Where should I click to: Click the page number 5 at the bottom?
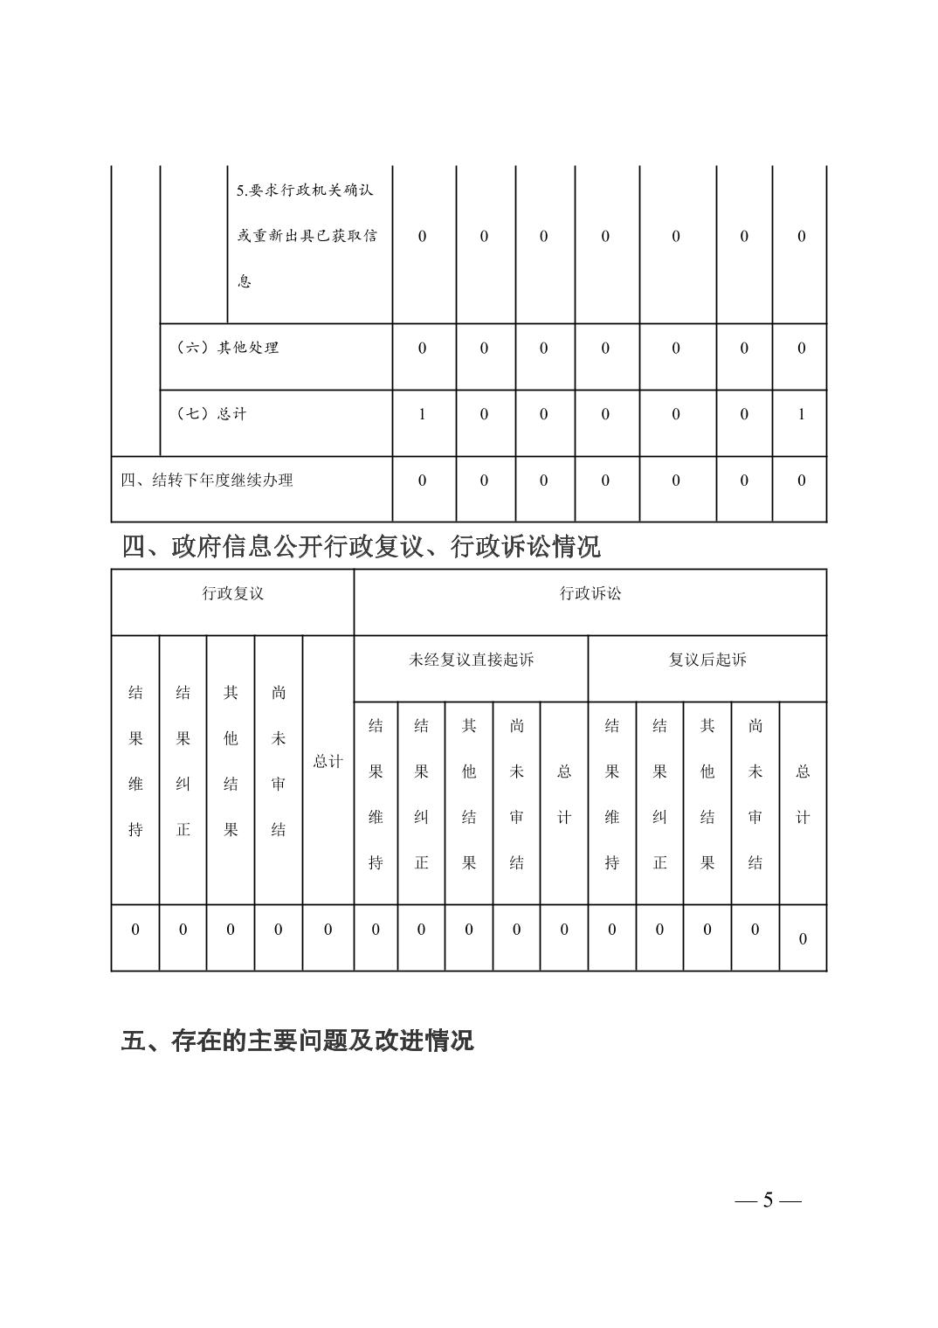768,1200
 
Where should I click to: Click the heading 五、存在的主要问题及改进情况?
297,1041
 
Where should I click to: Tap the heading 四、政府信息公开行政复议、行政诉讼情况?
361,547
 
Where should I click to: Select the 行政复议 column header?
232,594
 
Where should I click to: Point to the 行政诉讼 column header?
590,594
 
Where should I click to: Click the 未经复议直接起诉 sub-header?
471,660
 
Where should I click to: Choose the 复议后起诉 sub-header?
707,660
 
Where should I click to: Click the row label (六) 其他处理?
227,348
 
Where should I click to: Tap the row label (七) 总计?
211,414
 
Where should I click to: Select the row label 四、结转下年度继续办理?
207,481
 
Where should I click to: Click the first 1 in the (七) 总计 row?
422,414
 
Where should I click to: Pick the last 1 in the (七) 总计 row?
801,414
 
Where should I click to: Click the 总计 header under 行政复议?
328,761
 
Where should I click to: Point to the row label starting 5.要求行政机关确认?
307,236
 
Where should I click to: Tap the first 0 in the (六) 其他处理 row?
422,348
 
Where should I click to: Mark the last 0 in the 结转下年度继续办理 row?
801,481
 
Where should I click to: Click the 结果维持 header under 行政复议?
135,761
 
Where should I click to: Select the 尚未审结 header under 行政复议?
278,761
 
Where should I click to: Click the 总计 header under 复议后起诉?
802,793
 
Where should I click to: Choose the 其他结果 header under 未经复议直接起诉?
469,793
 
